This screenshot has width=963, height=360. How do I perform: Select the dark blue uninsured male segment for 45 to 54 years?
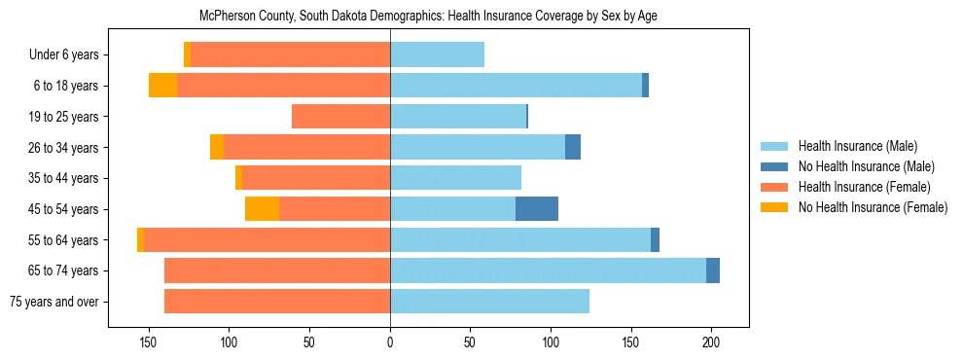tap(537, 209)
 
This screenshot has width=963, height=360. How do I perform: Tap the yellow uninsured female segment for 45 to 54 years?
tap(262, 209)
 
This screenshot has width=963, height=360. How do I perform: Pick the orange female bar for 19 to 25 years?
tap(340, 117)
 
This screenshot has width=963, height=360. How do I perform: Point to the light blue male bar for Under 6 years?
tap(437, 55)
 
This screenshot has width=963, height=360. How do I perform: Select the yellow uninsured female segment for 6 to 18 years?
tap(162, 86)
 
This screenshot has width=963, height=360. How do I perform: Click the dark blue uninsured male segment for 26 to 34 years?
tap(573, 148)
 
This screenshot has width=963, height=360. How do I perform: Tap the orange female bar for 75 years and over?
tap(277, 302)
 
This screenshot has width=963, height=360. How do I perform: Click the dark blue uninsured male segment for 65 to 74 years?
tap(713, 270)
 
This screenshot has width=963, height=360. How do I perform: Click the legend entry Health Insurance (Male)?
tap(857, 146)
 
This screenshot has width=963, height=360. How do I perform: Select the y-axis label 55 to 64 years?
tap(62, 240)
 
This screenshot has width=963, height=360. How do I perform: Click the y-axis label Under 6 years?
tap(63, 55)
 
